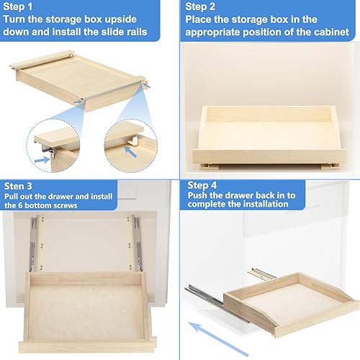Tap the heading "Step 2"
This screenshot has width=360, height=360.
pyautogui.click(x=202, y=7)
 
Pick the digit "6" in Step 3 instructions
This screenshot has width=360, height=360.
pyautogui.click(x=34, y=205)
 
